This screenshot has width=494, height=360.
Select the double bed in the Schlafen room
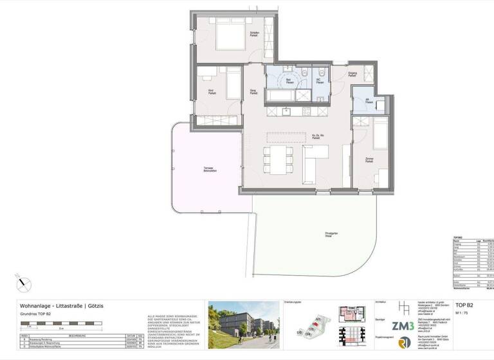(228, 36)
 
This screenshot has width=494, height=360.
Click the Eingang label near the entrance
(352, 75)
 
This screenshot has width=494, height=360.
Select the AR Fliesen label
(367, 101)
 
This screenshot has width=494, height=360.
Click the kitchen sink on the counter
(288, 111)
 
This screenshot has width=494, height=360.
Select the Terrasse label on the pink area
(208, 170)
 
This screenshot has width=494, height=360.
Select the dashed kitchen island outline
(287, 136)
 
